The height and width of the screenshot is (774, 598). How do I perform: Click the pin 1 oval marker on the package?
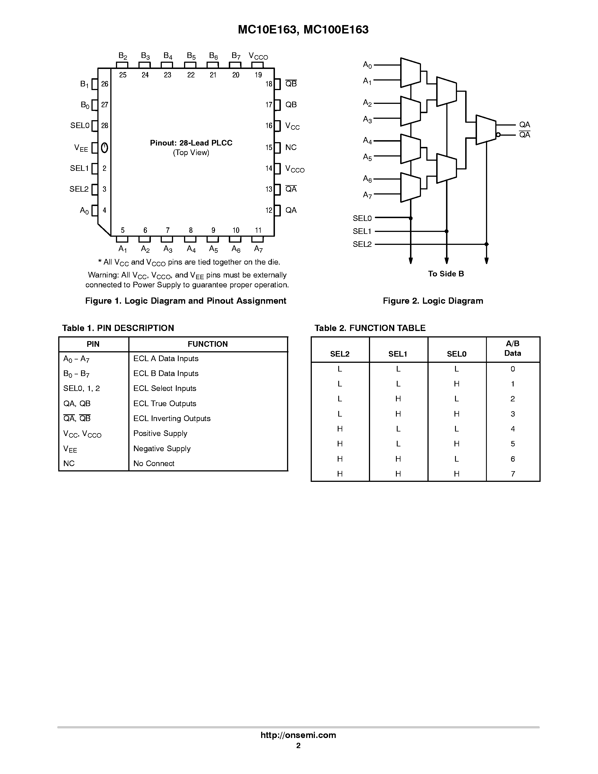[104, 147]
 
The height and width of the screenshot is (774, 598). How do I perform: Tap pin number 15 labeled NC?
[269, 147]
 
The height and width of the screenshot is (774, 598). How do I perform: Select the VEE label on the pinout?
[81, 148]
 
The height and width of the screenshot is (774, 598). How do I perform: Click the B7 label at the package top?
[236, 56]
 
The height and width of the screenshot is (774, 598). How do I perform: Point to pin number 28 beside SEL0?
[104, 126]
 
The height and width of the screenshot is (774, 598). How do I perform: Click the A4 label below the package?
[191, 249]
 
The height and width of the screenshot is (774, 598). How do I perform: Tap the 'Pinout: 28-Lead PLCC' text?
[191, 143]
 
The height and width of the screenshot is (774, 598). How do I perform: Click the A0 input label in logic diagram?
[367, 65]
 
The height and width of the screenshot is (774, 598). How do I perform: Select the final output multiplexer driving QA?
[486, 130]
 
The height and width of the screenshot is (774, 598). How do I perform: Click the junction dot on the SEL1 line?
[446, 231]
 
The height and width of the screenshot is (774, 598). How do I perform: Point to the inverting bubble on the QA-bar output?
[498, 135]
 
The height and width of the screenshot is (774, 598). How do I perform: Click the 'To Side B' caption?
[446, 274]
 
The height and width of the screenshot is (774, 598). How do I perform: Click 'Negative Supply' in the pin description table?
[162, 448]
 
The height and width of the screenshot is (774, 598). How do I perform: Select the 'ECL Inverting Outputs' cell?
[172, 418]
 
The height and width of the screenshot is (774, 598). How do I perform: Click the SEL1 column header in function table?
[398, 354]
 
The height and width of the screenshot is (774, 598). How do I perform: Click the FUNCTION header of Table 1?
[208, 344]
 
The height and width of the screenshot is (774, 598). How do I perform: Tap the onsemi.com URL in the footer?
[298, 735]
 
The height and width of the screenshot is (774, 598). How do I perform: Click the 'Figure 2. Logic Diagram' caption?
[433, 301]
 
